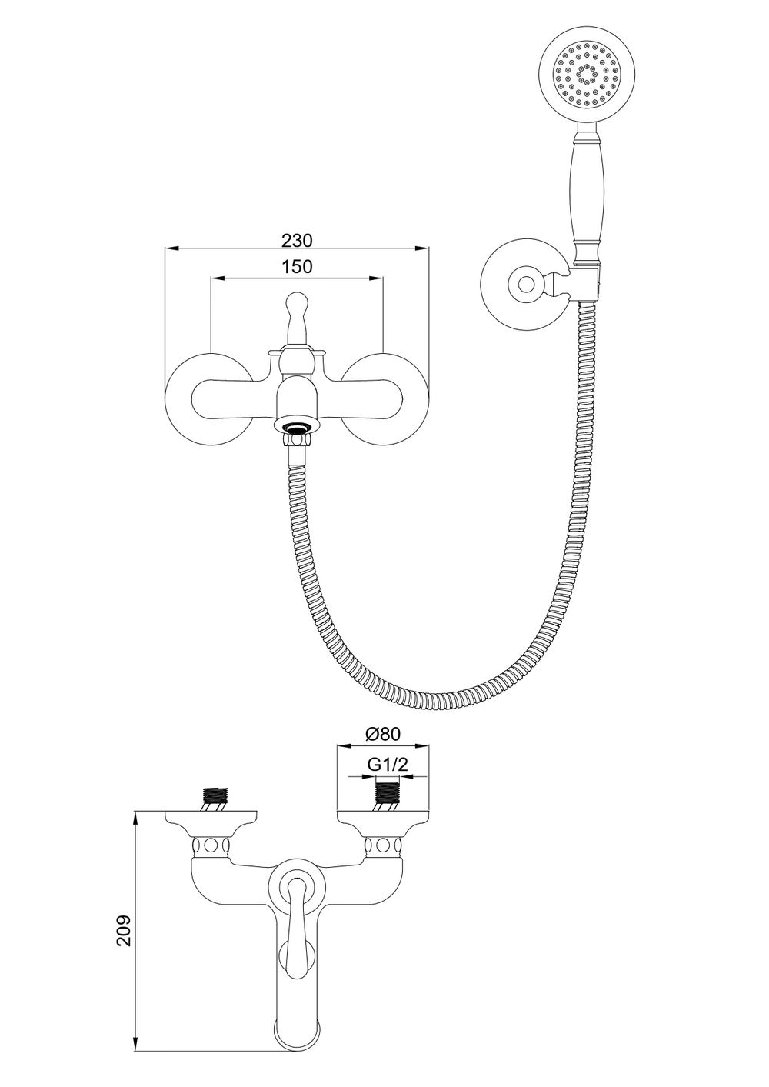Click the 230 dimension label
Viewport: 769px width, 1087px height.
[297, 240]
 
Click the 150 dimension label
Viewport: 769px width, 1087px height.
[297, 267]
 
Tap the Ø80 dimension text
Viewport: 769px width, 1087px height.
[383, 734]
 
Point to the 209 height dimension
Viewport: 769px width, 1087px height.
[124, 930]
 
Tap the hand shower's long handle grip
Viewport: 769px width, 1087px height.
[588, 192]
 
